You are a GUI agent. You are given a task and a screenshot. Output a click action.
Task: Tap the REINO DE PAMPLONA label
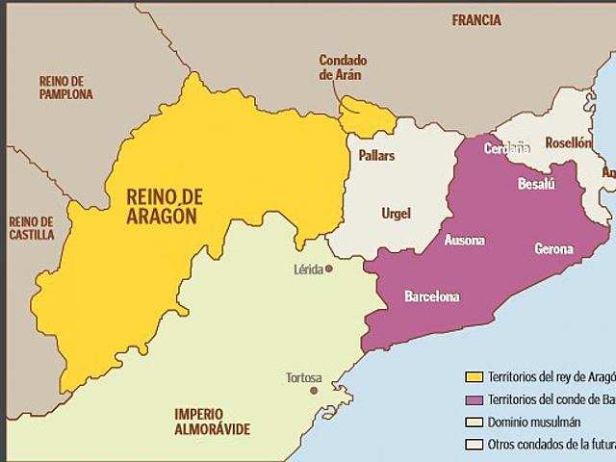tap(65, 88)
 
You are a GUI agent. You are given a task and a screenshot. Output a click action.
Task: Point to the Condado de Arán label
tap(344, 67)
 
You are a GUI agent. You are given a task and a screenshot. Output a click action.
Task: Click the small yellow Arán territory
tap(367, 115)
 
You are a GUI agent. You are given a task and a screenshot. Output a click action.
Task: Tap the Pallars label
tap(376, 155)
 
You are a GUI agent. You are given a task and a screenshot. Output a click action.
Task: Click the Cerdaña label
tap(506, 148)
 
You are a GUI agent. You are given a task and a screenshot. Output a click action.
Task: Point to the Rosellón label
tap(568, 142)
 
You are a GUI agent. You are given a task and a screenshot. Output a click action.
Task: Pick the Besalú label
tap(536, 183)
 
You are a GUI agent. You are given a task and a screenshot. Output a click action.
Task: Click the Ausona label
tap(465, 240)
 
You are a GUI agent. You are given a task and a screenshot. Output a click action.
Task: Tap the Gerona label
tap(553, 249)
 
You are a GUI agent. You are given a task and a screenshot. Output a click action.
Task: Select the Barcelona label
tap(431, 295)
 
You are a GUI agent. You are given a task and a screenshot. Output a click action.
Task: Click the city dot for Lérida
tap(329, 269)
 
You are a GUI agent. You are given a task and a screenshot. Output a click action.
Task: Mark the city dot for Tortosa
tap(313, 391)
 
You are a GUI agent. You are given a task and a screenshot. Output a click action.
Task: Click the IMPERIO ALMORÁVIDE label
tap(212, 421)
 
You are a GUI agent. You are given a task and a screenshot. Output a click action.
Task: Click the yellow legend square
tap(474, 376)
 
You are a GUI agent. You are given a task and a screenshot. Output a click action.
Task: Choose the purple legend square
tap(474, 399)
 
